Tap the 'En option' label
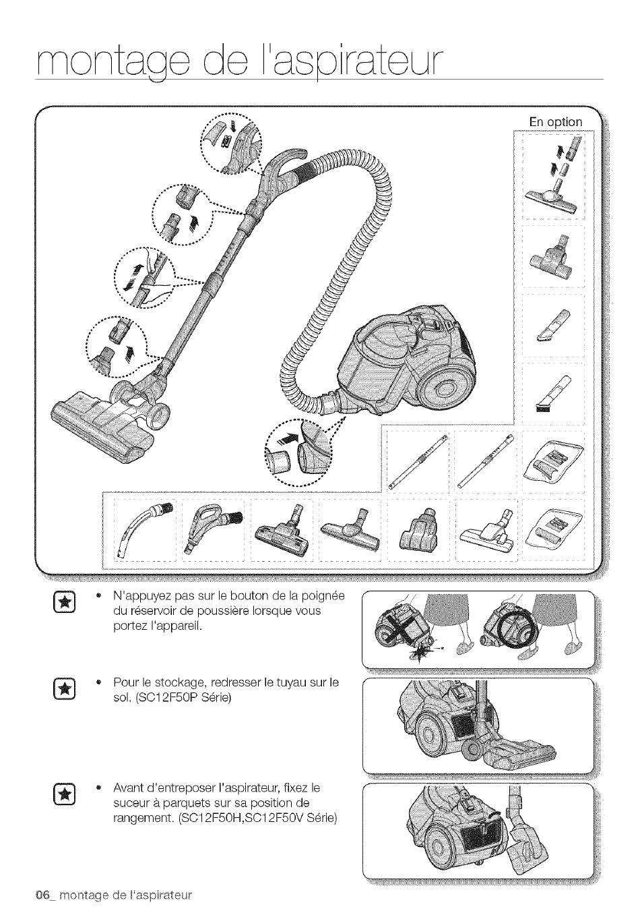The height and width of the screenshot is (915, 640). point(555,122)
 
